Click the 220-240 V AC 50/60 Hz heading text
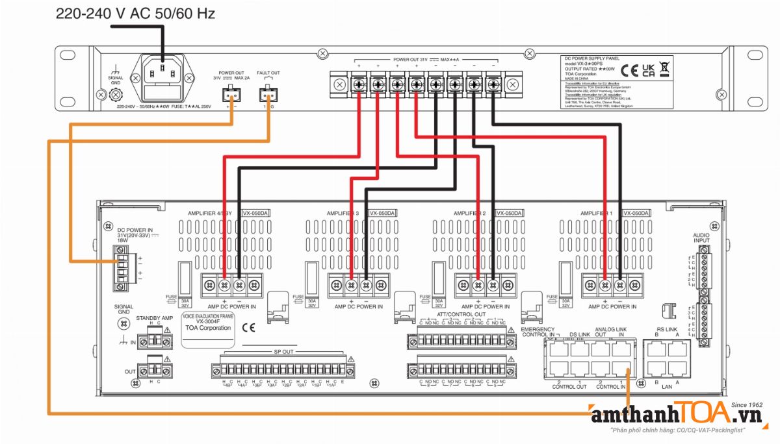pos(135,13)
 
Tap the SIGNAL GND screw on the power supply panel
pos(116,94)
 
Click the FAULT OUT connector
pos(268,95)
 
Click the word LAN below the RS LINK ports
pos(668,387)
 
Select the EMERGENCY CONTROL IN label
pos(538,331)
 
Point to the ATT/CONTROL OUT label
pos(461,314)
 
